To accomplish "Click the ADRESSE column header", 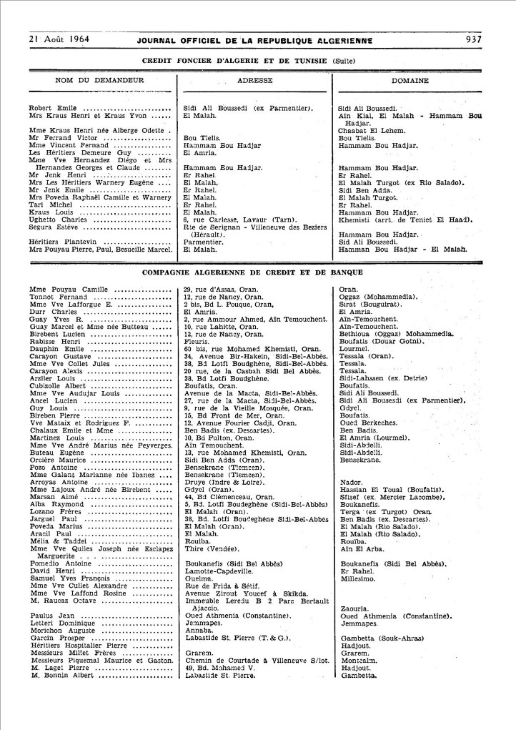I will pos(255,81).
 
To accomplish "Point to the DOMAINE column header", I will pos(410,81).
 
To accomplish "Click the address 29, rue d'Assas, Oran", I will pos(221,289).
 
